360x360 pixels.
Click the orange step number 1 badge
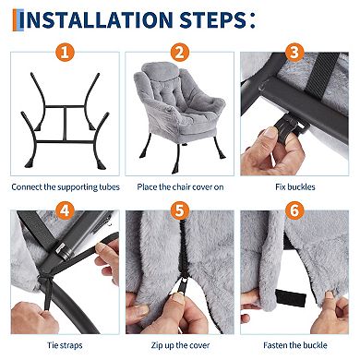65,53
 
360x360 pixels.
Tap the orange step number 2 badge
180,53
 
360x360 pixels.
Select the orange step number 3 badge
294,53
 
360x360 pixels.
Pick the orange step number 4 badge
65,210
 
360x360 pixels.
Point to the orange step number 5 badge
180,210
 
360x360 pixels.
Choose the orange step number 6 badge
294,210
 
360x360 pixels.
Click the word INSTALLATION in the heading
100,19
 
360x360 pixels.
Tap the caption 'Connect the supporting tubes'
66,187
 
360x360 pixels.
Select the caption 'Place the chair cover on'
180,186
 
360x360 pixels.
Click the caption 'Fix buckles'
295,186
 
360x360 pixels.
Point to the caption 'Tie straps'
65,345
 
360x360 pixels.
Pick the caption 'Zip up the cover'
180,345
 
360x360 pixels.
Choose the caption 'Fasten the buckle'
295,345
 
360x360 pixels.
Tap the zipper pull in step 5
183,286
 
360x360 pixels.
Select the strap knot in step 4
46,280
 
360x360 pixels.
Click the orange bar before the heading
15,20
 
